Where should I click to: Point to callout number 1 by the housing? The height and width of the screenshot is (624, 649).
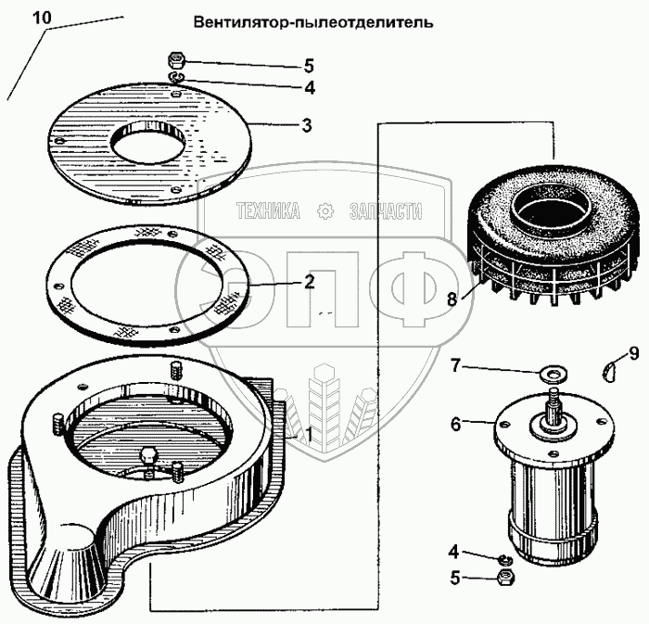click(x=309, y=431)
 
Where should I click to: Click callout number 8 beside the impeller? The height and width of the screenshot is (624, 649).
click(x=452, y=299)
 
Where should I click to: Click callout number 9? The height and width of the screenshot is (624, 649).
click(x=634, y=352)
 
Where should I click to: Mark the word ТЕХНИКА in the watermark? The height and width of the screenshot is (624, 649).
click(x=269, y=211)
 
